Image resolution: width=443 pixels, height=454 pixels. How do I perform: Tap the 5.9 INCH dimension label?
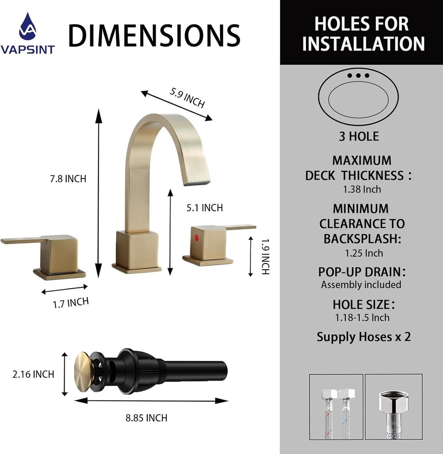(187, 97)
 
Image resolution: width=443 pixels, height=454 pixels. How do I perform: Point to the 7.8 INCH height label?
(68, 179)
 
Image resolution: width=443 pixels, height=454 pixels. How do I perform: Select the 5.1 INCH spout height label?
(204, 207)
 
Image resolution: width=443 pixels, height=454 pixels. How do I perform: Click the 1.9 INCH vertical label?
(265, 257)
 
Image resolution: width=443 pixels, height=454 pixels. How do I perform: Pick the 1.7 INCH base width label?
(71, 303)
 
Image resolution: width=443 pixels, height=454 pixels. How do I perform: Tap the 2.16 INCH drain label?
(33, 374)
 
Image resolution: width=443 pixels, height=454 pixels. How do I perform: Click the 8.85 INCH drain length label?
(146, 418)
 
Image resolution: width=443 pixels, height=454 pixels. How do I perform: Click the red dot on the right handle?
(196, 238)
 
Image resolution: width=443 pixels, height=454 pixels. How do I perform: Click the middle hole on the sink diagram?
(358, 75)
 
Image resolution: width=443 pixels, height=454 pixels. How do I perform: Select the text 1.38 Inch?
(362, 189)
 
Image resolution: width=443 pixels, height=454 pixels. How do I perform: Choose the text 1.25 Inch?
(364, 253)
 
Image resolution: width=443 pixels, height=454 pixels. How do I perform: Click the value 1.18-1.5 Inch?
(362, 317)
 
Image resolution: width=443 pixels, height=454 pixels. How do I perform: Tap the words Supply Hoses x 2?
(364, 337)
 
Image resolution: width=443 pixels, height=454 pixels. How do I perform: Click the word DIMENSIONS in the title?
(154, 35)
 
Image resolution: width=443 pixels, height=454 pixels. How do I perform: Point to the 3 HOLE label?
(359, 137)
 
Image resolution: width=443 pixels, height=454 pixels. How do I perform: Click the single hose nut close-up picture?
(394, 407)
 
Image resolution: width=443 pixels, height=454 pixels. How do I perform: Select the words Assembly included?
(361, 285)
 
